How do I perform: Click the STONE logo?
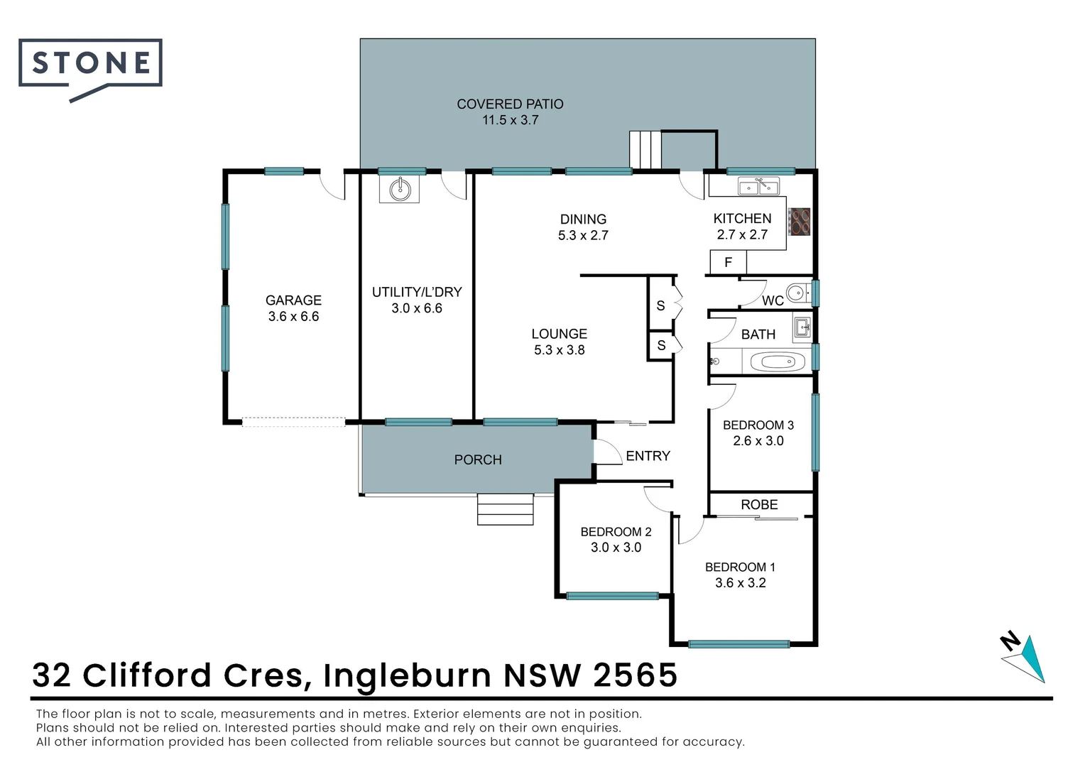tap(91, 64)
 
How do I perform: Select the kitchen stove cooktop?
tap(800, 222)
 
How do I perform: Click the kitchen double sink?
tap(758, 187)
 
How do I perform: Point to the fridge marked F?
tap(728, 263)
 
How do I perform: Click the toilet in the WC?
tap(798, 292)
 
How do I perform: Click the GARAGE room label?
tap(293, 300)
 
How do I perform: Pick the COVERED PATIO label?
tap(510, 104)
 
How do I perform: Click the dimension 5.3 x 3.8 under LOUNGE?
tap(559, 350)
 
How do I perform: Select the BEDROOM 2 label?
tap(616, 532)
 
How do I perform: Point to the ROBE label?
tap(759, 505)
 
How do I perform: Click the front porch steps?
tap(505, 509)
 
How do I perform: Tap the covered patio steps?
tap(645, 149)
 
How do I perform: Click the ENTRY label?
tap(648, 456)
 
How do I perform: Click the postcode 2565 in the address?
tap(635, 675)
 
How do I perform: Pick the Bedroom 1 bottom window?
tap(738, 644)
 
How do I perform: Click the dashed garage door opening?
tap(293, 422)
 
